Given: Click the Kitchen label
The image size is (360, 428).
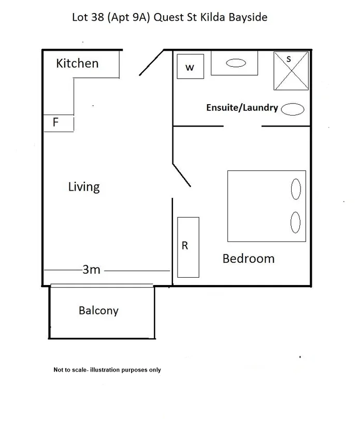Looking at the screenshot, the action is [x=77, y=63].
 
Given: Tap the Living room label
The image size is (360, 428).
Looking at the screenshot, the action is [x=84, y=187].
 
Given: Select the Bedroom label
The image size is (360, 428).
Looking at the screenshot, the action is [x=248, y=259].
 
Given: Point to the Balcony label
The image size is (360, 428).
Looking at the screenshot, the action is [x=98, y=310].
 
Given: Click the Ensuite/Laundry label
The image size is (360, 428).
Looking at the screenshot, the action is [x=242, y=108].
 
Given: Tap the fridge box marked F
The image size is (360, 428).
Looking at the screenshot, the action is [x=59, y=123].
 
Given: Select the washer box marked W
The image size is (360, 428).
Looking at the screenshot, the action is [x=190, y=66].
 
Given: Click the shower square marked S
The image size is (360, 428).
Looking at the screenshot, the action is [x=291, y=70].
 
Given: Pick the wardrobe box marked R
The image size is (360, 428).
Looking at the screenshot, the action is [x=189, y=247].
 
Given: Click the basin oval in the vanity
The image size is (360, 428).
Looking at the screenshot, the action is [x=236, y=63].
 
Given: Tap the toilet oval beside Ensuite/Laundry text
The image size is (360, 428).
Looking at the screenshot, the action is [x=293, y=109].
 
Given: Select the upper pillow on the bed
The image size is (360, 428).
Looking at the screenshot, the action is [x=296, y=189].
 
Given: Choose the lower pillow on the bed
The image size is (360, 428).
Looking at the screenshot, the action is [x=295, y=222].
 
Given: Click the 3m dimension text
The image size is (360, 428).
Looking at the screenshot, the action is [x=92, y=269].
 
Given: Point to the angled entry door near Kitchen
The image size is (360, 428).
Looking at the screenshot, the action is [x=151, y=63].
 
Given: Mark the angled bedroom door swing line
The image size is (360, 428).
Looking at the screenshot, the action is [x=181, y=175].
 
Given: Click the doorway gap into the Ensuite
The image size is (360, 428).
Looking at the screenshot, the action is [x=242, y=126].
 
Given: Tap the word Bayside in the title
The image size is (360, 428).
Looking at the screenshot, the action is [x=248, y=17].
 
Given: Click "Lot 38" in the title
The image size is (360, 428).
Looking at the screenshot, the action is [x=88, y=17].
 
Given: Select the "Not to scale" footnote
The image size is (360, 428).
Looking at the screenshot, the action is [x=107, y=370].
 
